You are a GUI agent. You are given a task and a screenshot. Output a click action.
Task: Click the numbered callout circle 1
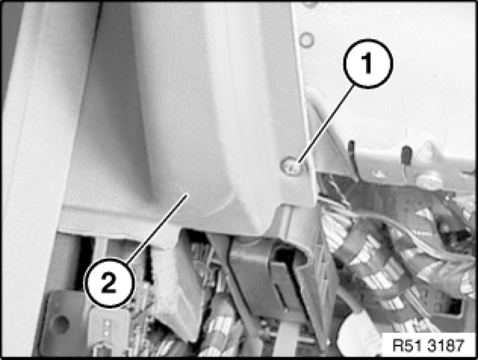point(368,64)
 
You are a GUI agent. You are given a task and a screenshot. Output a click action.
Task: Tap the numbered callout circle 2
point(109,283)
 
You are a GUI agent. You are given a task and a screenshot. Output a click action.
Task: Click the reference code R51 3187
point(428,346)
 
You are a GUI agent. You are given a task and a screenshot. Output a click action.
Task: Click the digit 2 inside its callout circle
point(109,283)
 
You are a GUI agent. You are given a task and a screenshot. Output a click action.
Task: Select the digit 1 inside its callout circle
point(368,63)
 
